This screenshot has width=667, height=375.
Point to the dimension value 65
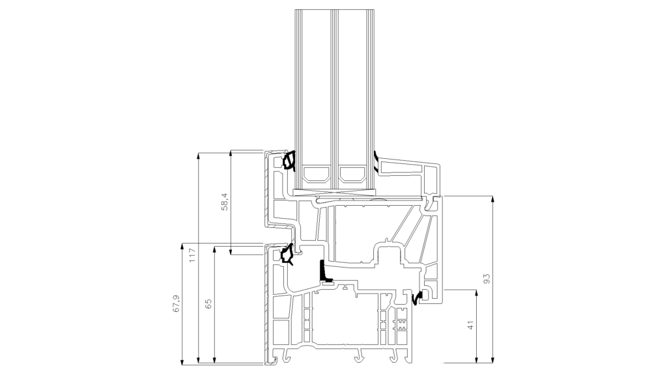click(208, 304)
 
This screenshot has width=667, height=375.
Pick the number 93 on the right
click(487, 279)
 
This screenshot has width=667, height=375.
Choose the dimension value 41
click(470, 326)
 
